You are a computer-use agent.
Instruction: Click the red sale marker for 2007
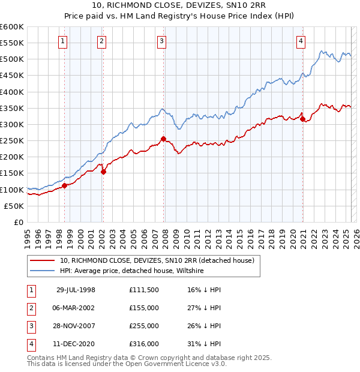163,139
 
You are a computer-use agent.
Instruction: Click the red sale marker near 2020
302,119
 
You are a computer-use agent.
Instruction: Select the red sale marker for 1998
64,185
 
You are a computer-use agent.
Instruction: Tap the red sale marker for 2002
103,172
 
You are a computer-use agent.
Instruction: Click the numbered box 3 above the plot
162,41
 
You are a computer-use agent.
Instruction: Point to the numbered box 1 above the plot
63,41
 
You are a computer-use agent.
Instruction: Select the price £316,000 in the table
144,344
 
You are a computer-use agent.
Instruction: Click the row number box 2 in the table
29,308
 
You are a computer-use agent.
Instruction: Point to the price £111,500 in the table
144,290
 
